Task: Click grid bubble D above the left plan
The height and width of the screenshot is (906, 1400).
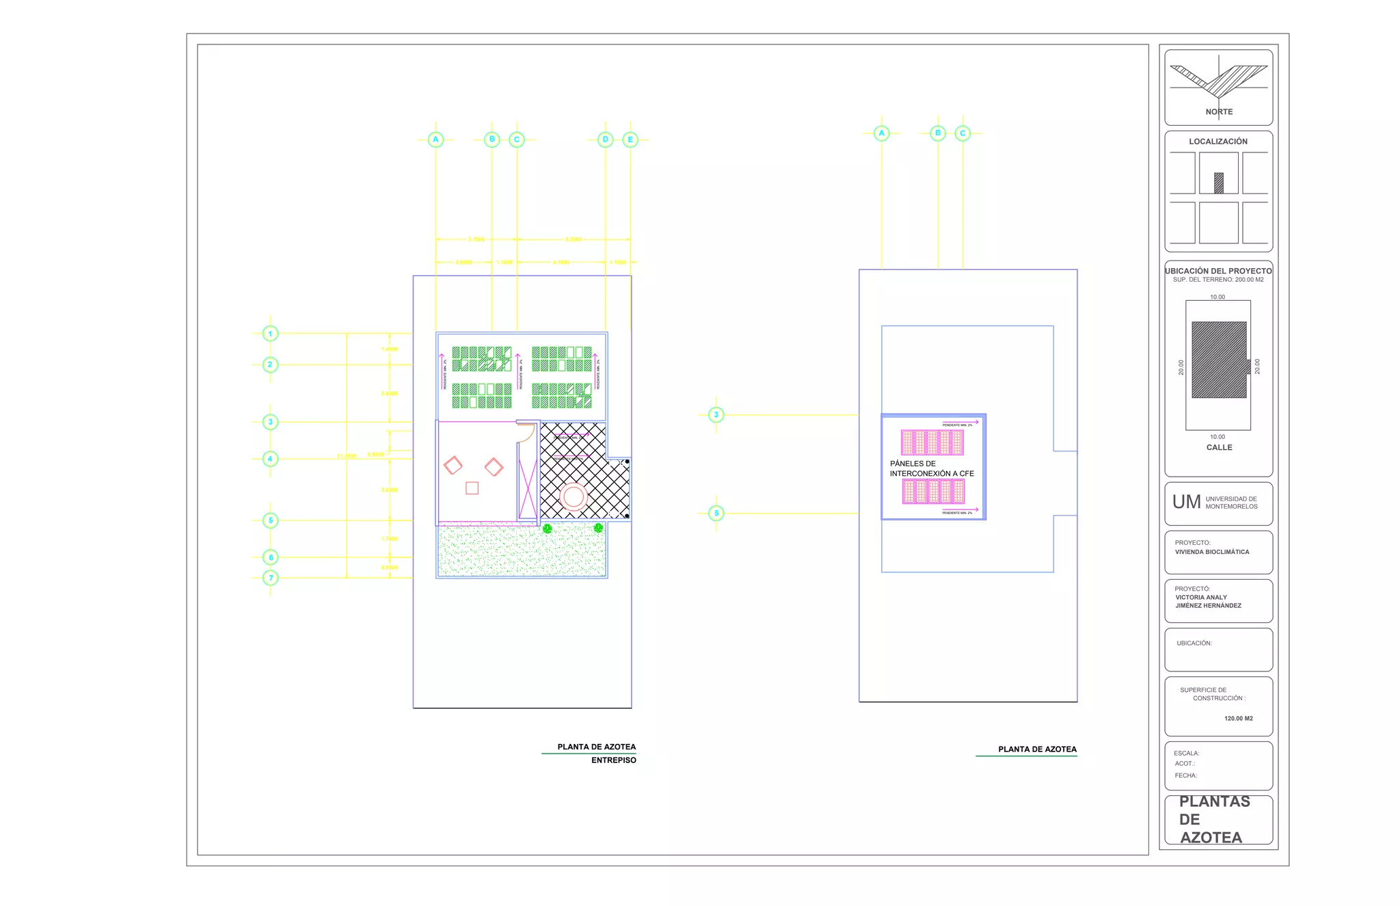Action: (605, 139)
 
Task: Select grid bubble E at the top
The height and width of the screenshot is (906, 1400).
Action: (630, 139)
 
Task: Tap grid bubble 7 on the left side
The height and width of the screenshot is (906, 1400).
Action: (271, 578)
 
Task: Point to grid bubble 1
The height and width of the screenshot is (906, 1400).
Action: (271, 334)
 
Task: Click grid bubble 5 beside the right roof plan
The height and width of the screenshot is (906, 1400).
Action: (716, 513)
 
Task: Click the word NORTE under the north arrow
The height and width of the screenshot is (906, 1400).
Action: (1219, 112)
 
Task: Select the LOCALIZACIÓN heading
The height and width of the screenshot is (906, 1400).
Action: (1218, 142)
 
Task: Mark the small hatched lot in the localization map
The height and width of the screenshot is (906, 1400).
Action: (1218, 183)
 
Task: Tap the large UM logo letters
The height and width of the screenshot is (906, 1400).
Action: (1186, 503)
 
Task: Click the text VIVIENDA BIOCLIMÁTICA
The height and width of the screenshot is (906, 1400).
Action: (1212, 552)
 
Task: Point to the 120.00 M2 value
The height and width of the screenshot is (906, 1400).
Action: (1238, 719)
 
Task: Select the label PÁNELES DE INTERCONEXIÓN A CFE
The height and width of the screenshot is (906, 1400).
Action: (931, 468)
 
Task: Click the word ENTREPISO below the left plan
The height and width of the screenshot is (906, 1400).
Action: (613, 760)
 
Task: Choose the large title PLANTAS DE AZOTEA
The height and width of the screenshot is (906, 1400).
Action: (1214, 819)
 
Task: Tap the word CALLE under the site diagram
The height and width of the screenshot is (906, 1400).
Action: (1219, 447)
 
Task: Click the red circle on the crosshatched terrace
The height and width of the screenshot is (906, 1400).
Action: (574, 497)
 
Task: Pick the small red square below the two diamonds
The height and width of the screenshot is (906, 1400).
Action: (472, 488)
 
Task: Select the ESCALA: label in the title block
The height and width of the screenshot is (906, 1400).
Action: (1186, 754)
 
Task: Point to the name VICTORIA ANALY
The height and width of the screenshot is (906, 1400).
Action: (1201, 597)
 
